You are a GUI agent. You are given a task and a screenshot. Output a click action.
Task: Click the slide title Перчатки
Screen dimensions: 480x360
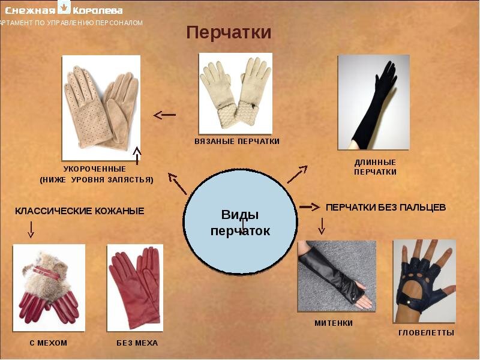point(229,32)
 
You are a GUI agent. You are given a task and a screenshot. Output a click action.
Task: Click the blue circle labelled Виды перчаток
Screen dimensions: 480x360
point(241,221)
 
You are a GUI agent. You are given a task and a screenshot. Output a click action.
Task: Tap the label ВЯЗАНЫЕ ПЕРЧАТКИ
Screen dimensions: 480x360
point(237,142)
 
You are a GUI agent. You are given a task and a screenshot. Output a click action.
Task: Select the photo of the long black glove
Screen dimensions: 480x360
point(373,102)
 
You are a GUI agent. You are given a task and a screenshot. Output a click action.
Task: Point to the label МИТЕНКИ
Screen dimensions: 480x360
point(334,323)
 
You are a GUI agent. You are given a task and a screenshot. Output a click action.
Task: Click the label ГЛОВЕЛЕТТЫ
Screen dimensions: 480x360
point(427,333)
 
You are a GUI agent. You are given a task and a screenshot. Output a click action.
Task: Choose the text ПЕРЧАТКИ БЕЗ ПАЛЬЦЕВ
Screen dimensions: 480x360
point(386,208)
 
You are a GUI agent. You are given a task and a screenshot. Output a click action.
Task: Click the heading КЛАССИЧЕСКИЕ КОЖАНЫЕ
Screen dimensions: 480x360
point(80,211)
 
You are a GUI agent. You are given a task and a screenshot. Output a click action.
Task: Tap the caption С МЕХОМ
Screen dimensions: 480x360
point(49,343)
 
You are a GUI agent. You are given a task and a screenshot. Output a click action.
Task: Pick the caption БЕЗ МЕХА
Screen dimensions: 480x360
point(137,343)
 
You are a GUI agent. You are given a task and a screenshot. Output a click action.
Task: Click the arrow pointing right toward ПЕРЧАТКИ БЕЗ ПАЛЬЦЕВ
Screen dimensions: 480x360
point(310,207)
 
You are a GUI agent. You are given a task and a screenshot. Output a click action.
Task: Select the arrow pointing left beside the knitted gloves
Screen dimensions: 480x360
point(164,115)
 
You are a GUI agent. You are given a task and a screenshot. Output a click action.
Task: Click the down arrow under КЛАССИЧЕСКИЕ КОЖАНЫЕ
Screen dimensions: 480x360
point(31,230)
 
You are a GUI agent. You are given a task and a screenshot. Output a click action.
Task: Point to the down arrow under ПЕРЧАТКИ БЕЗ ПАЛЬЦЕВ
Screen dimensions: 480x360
point(322,226)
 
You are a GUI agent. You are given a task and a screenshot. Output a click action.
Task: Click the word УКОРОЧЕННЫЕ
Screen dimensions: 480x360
point(95,169)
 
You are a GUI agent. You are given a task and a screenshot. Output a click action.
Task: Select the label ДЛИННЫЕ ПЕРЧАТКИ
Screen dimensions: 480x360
point(376,167)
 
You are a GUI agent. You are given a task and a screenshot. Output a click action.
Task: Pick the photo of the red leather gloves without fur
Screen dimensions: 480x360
point(135,288)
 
